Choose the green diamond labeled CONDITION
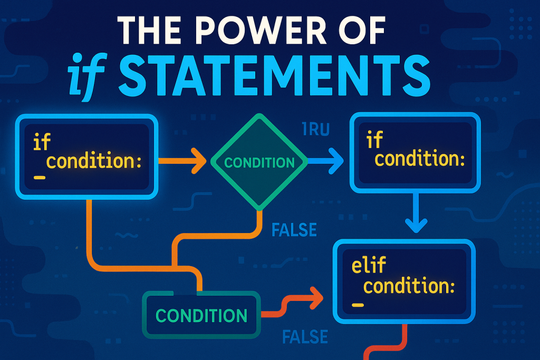(x=259, y=162)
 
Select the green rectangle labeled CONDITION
(x=201, y=315)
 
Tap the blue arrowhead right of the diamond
(x=334, y=162)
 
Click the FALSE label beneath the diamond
(x=294, y=230)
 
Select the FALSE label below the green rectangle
(x=305, y=336)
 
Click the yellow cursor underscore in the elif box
(x=357, y=305)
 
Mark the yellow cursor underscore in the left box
(x=39, y=178)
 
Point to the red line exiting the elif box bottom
(x=403, y=337)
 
